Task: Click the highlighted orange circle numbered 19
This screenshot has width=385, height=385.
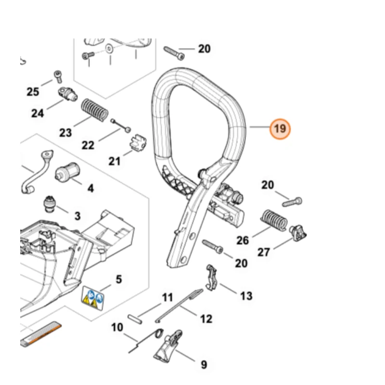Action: tap(280, 129)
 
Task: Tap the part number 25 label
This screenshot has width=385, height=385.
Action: tap(33, 91)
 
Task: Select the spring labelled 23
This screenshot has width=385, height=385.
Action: tap(94, 110)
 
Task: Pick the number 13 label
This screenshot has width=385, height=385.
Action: tap(246, 295)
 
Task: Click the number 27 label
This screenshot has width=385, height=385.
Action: tap(263, 251)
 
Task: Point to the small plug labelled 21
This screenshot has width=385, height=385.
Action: tap(139, 143)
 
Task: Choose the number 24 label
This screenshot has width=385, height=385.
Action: tap(38, 114)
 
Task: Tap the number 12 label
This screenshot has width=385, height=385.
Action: tap(205, 318)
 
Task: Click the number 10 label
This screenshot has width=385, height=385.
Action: tap(117, 328)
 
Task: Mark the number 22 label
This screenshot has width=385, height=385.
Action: tap(88, 144)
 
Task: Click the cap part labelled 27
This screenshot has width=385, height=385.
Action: tap(298, 232)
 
